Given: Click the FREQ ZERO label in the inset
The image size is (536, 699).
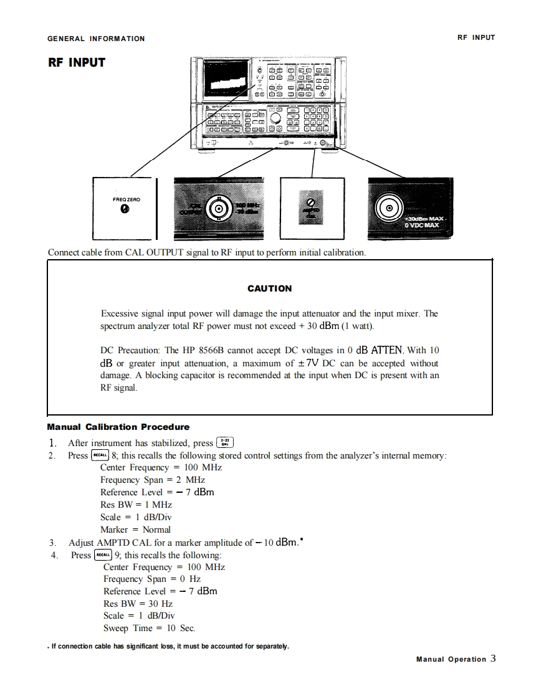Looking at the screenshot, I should coord(127,199).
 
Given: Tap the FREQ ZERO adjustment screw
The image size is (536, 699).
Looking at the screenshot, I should coord(125,209).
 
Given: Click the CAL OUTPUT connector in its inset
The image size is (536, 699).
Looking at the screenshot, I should coord(218,209).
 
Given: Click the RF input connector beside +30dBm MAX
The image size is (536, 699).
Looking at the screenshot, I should coord(390,209).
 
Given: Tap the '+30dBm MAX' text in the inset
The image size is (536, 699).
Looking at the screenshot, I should coord(424,219).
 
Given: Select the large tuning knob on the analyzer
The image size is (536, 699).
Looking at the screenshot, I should coord(275,117).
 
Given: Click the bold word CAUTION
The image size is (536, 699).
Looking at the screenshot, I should coord(269,288).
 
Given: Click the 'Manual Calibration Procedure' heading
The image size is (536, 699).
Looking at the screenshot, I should coord(118,427).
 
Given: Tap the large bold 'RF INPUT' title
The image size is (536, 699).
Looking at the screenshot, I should coord(77,62).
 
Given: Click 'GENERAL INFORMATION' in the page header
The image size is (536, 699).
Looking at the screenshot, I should coord(96,39).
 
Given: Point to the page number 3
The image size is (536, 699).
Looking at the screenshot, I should coord(493,658).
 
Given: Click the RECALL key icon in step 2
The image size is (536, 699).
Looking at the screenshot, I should coord(100,455).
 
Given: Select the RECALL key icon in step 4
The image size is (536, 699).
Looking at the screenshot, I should coord(102,554).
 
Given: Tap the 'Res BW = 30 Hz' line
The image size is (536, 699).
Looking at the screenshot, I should coord(138,604).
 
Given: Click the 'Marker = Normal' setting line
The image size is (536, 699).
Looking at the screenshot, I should coord(135,530).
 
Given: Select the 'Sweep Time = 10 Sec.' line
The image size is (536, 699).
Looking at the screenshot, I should coord(149,629).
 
